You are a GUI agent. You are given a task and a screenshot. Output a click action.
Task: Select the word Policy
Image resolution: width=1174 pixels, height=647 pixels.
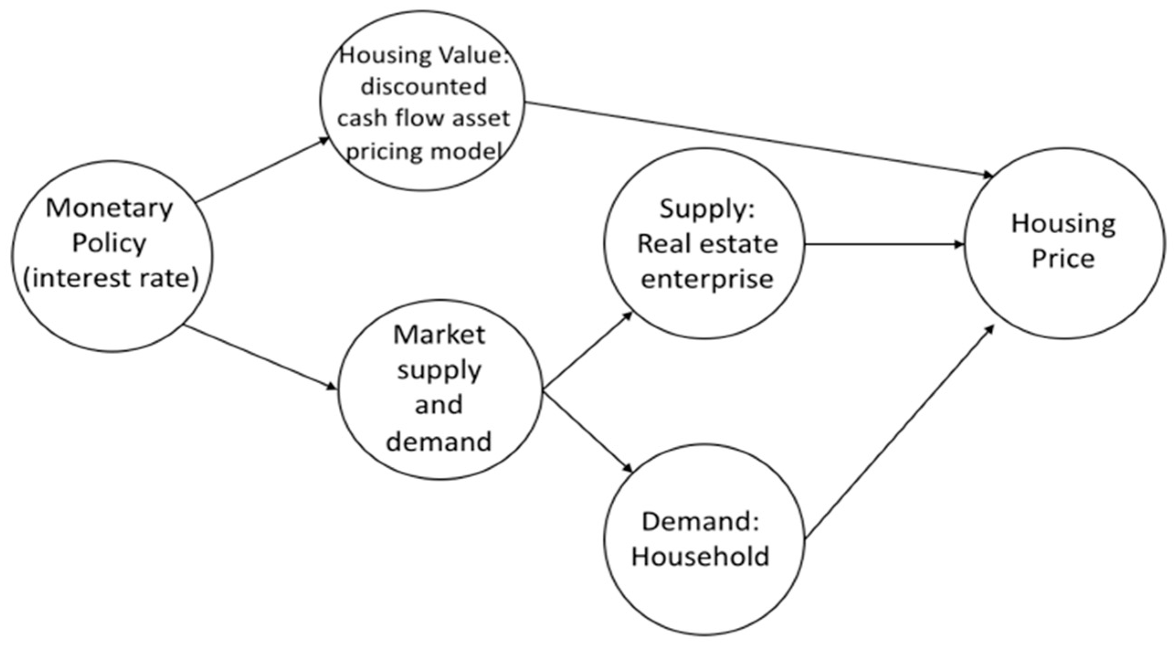[x=109, y=243]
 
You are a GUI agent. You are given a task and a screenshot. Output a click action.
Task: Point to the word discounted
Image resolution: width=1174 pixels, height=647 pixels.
[x=423, y=87]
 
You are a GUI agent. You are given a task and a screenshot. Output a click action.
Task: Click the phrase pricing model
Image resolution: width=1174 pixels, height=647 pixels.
[x=423, y=151]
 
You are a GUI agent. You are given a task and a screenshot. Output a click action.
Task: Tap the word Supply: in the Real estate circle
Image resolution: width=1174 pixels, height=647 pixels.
[x=707, y=210]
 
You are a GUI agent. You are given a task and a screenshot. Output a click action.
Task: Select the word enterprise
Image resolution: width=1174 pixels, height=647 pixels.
[x=707, y=279]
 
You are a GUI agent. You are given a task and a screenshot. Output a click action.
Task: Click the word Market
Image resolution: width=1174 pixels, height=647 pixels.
[x=439, y=335]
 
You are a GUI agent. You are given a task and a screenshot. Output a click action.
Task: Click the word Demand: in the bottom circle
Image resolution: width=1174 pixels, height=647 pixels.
[x=700, y=521]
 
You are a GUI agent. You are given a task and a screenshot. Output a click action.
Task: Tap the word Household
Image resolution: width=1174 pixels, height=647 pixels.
[x=700, y=557]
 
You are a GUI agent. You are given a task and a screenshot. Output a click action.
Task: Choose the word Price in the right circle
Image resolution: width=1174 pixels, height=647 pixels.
[x=1063, y=259]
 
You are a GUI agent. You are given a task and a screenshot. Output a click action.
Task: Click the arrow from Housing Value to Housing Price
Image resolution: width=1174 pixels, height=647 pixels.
[x=758, y=139]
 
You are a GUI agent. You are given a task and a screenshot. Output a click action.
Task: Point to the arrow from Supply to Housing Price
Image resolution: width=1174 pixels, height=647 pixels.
[x=884, y=245]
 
